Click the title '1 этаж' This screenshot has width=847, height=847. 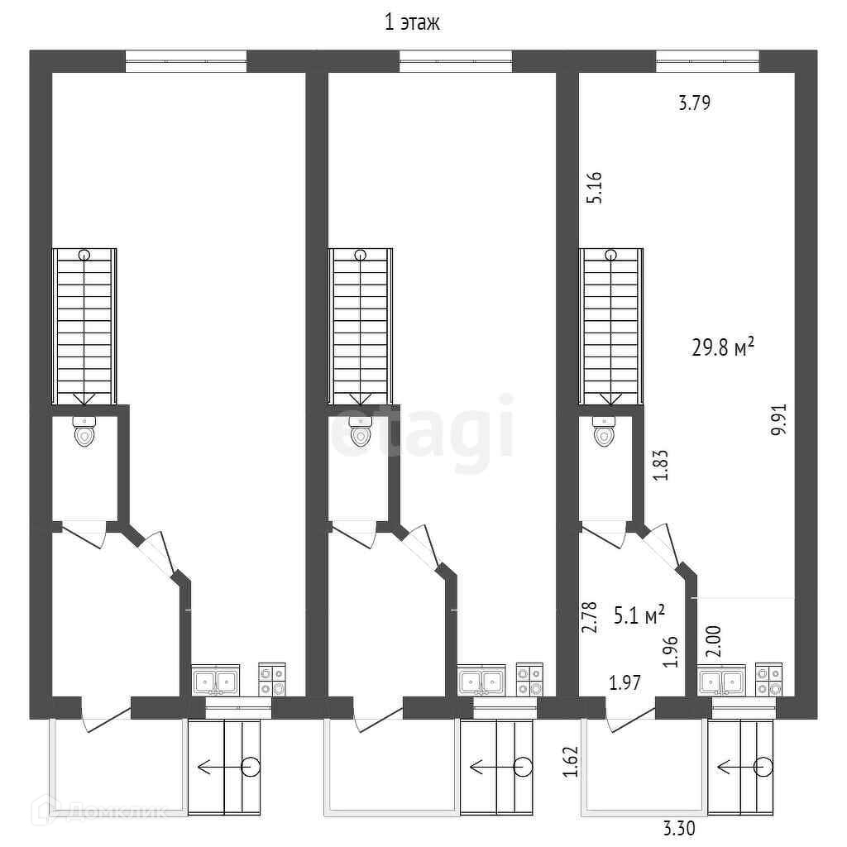coord(413,23)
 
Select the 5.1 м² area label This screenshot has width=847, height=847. coord(640,615)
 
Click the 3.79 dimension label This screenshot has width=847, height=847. coord(695,103)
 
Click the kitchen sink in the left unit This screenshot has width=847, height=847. coord(215,681)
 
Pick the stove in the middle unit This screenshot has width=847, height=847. coord(529,679)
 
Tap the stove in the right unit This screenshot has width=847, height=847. coord(768,679)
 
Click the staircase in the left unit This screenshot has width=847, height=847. coord(84,325)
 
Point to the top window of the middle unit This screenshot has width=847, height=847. coord(456,61)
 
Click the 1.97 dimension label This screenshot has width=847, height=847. coord(625,682)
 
